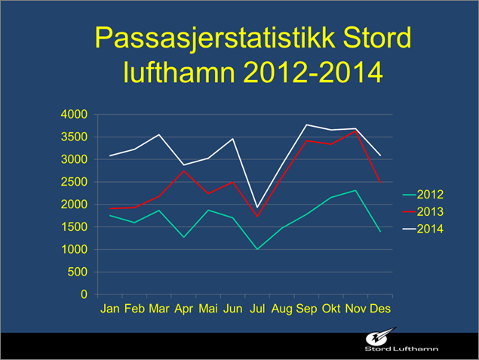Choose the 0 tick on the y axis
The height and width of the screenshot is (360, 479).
tap(85, 294)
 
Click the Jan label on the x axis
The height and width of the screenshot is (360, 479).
tap(110, 309)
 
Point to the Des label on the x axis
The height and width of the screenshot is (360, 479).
tap(380, 309)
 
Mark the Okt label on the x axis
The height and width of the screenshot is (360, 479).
tap(331, 309)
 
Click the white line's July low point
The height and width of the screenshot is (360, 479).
tap(256, 208)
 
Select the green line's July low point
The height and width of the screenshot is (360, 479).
tap(256, 249)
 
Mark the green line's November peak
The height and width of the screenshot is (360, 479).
tap(355, 190)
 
